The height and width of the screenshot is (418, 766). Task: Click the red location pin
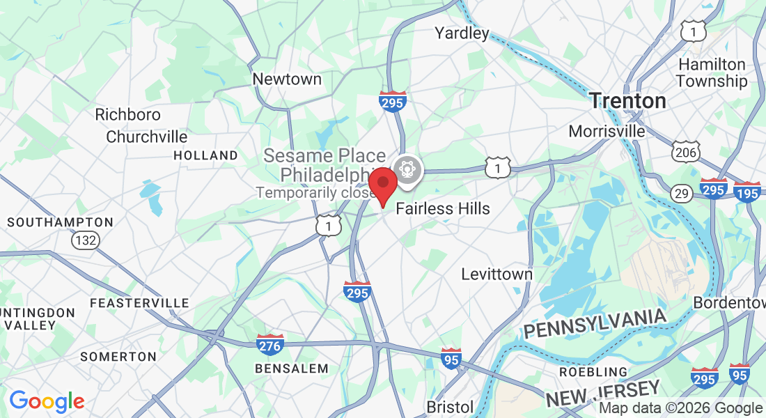coord(382,185)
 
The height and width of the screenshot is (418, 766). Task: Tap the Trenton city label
coord(627,101)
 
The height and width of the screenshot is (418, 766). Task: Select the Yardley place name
coord(462,33)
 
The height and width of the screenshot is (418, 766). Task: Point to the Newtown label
coord(287,79)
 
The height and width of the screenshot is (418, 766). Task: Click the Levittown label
coord(497,274)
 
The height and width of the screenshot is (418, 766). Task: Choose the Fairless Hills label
coord(443,209)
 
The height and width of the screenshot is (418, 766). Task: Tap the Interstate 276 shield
coord(269,344)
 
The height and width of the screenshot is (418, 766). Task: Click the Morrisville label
coord(607,131)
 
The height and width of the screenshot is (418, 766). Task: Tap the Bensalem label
coord(291,368)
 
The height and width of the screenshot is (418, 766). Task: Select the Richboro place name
coord(127,114)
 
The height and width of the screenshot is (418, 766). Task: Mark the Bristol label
coord(450,407)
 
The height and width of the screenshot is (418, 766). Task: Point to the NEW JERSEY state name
coord(602,394)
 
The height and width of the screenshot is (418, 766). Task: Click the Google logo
coord(47,401)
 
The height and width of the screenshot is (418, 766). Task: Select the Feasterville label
coord(139,303)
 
